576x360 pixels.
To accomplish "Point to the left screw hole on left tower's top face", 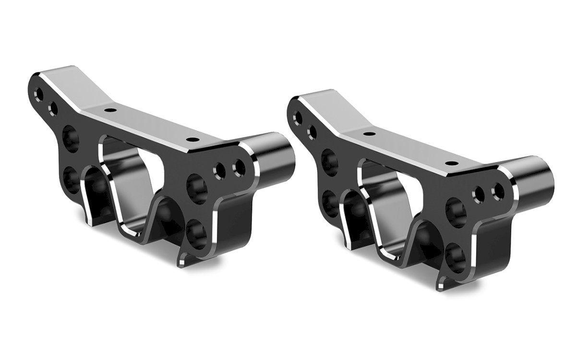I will coord(111,110).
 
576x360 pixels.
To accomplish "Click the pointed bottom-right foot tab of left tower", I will coord(182,260).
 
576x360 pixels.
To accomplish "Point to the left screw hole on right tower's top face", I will coord(369,133).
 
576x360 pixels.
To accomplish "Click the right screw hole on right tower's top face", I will coord(451,162).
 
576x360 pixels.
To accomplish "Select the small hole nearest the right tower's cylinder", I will coord(497,191).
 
